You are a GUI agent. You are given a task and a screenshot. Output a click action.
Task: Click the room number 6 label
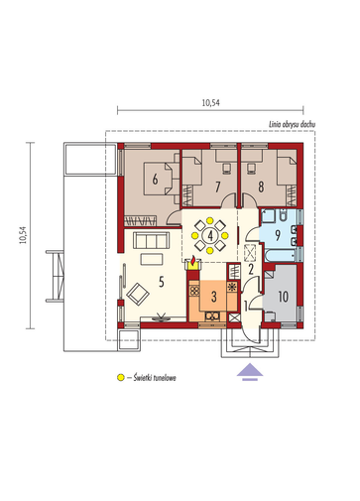[x=155, y=179]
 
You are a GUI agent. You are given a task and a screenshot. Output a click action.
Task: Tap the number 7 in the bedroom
[x=217, y=187]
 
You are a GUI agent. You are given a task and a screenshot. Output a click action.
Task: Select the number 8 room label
[x=261, y=187]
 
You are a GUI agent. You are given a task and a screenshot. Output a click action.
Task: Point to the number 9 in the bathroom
[x=278, y=235]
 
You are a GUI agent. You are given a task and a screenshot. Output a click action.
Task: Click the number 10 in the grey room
[x=284, y=297]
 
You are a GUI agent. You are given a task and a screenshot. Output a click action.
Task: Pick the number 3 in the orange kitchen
[x=214, y=297]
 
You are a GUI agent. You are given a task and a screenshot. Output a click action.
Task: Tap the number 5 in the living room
[x=162, y=282]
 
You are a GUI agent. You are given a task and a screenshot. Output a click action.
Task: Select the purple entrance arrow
[x=250, y=371]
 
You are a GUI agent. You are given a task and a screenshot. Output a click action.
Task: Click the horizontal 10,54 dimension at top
[x=211, y=103]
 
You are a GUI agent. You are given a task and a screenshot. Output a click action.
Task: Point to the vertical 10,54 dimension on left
[x=23, y=235]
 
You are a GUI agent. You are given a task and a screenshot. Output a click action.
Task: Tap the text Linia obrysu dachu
[x=292, y=124]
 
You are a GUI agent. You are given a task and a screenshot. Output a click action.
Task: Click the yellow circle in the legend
[x=121, y=377]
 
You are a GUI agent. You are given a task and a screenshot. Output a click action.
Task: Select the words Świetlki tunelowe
[x=155, y=378]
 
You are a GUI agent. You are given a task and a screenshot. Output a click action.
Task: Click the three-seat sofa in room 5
[x=152, y=240]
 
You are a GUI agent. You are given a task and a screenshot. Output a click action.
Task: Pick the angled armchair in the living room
[x=138, y=294]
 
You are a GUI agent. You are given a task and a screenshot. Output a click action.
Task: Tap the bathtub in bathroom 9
[x=281, y=256]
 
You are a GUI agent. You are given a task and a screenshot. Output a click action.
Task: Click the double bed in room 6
[x=158, y=179]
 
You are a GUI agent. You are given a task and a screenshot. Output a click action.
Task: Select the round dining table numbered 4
[x=209, y=235]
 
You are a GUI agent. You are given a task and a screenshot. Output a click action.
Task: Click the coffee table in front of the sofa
[x=152, y=259]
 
